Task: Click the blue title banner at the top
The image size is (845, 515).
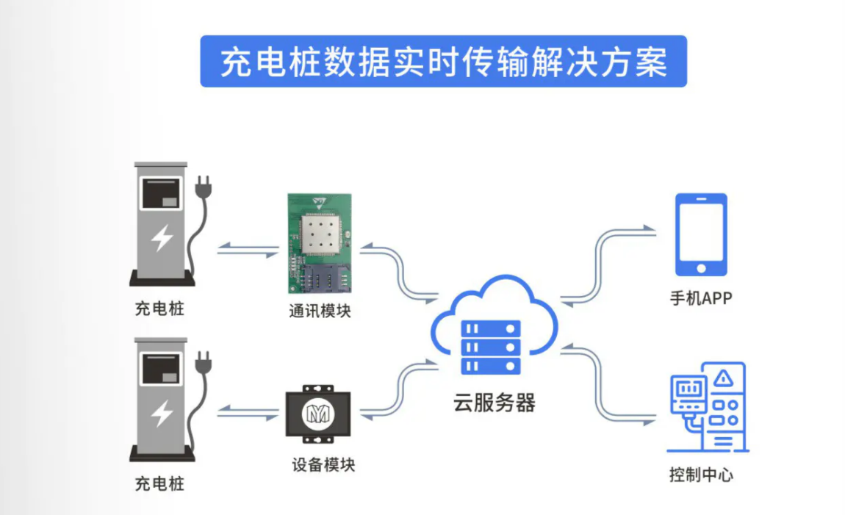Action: click(443, 62)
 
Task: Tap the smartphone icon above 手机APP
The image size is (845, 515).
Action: click(701, 234)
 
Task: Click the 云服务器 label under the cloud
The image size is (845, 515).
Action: click(494, 402)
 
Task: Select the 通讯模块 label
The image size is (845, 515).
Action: click(320, 311)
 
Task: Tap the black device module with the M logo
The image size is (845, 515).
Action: click(318, 414)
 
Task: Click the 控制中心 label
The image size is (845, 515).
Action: click(700, 475)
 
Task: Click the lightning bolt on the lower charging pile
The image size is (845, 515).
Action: click(162, 414)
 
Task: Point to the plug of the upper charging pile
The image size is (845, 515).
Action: click(201, 188)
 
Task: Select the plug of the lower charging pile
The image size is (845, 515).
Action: click(203, 363)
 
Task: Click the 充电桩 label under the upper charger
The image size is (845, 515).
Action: click(159, 309)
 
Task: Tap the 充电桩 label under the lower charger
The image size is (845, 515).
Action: click(159, 483)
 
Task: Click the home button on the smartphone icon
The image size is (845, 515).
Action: click(701, 267)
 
